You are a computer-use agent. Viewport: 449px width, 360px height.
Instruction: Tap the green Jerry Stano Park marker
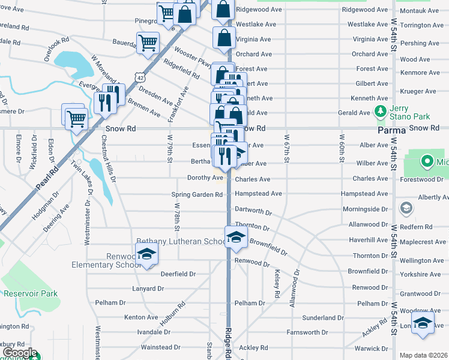tap(379, 112)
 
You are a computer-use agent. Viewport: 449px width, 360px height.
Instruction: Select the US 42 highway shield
tap(140, 77)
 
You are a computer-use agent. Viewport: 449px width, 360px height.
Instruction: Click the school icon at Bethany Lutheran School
tap(236, 236)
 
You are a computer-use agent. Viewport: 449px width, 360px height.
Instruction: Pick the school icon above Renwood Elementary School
tap(146, 253)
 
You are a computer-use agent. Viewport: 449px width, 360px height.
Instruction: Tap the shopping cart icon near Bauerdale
tap(148, 43)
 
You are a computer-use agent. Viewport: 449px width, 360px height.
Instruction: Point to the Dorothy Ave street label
tap(205, 178)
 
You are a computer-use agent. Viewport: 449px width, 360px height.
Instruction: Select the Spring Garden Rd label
tap(197, 194)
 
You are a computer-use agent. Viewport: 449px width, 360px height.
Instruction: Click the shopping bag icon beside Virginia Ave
tap(224, 37)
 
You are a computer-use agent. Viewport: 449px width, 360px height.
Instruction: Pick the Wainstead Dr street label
tap(160, 347)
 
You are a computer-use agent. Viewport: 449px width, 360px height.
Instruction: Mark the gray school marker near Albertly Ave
tap(406, 208)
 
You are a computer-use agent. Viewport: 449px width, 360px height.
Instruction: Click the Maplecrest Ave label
tap(421, 242)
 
